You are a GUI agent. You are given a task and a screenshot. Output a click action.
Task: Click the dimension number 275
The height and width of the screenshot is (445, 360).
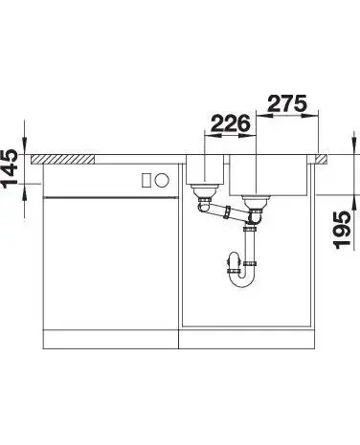[287, 103]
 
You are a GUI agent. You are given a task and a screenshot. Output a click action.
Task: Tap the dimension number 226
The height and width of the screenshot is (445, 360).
[231, 123]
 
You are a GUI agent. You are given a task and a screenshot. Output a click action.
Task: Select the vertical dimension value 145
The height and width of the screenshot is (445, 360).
[10, 168]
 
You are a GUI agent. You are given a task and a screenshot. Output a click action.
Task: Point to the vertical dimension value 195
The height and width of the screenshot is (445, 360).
[342, 230]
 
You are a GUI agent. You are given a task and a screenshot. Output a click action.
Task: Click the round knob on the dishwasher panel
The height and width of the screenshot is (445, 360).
[162, 181]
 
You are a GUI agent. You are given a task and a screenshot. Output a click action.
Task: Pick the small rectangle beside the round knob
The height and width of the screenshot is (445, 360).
[146, 181]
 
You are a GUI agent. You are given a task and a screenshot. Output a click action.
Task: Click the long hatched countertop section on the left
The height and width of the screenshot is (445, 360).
[62, 159]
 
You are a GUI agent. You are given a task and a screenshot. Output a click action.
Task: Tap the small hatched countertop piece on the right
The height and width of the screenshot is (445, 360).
[321, 159]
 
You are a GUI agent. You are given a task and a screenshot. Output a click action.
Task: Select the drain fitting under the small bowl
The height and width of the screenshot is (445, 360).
[202, 191]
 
